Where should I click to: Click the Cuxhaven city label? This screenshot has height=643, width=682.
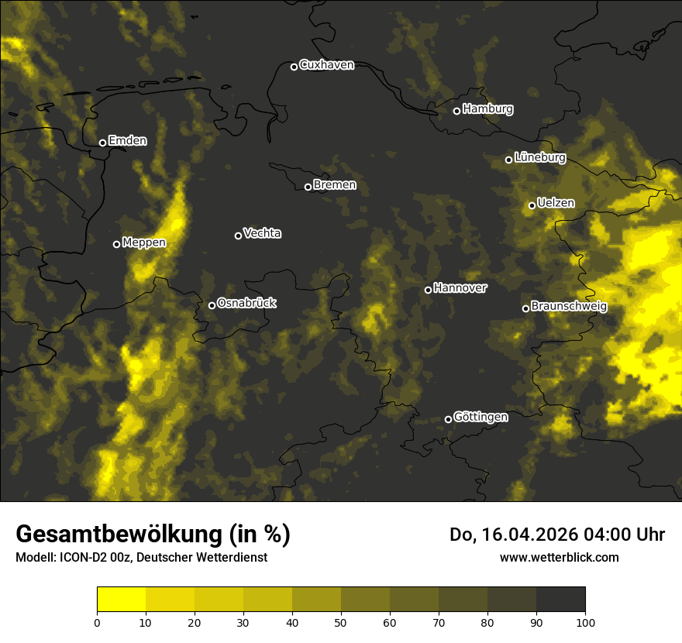point(326,65)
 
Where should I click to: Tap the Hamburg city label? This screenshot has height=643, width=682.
point(487,109)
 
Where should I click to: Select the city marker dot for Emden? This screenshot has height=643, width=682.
point(102,143)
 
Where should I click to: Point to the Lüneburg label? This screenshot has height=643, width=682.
point(540,157)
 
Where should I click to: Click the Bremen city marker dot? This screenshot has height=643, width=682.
point(308,187)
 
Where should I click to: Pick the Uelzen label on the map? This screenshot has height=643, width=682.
point(556,203)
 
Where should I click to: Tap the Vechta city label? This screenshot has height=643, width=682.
point(262,233)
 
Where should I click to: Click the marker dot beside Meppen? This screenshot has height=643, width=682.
point(116,244)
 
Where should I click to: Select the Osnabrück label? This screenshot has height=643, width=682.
point(246,303)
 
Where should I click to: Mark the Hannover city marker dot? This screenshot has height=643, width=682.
point(428,290)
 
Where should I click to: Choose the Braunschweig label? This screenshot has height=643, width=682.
point(569,306)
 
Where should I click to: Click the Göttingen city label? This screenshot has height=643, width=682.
point(480,417)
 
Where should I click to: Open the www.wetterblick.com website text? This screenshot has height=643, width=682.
point(559,557)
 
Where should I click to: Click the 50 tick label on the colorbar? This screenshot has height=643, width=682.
point(341,621)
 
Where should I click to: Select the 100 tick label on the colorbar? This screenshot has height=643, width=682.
point(585,621)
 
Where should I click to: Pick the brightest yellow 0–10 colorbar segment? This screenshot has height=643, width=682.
point(121,600)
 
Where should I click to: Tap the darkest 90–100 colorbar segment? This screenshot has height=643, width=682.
point(560,600)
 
